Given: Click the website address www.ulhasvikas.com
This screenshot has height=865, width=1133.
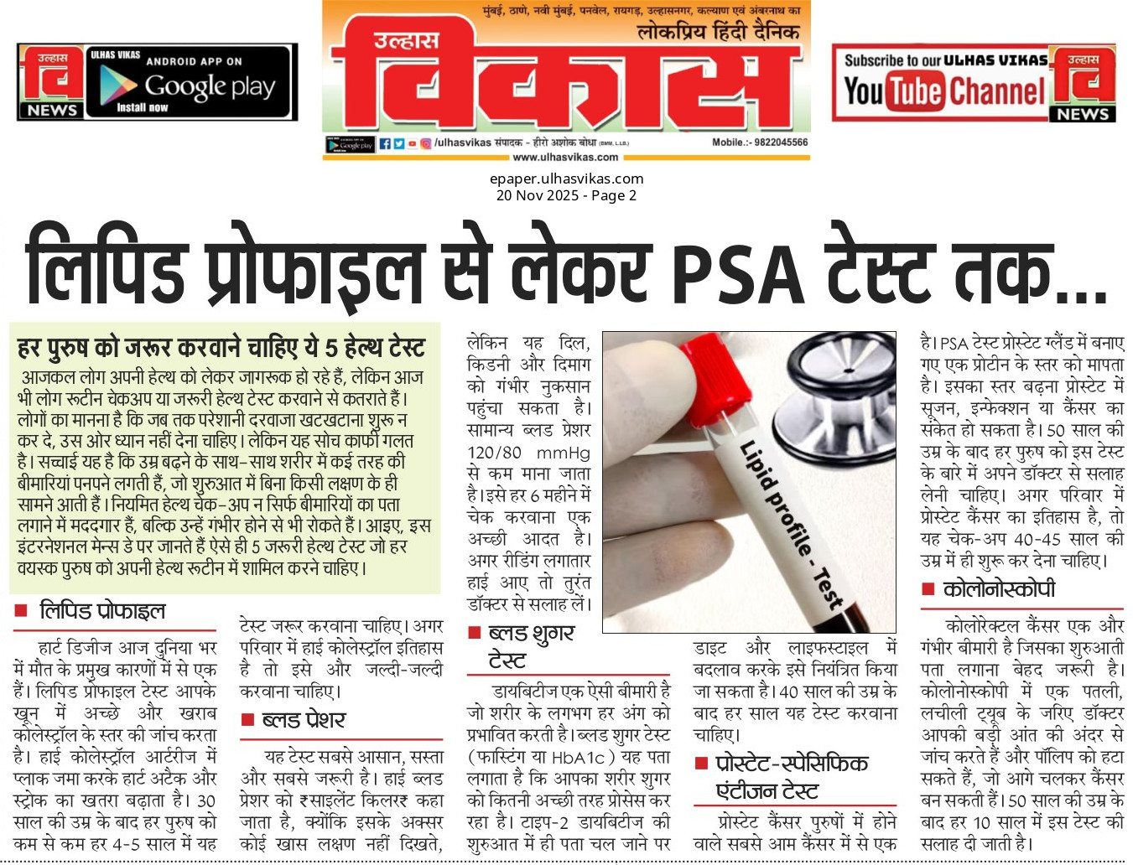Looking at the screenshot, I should click(565, 157).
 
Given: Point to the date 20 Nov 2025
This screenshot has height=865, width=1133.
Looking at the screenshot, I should click(537, 195).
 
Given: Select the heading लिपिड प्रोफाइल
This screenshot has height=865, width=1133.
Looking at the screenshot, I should click(102, 611).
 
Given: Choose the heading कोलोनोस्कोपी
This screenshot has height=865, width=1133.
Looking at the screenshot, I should click(999, 590).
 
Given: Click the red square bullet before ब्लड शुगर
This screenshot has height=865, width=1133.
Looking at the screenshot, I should click(475, 633).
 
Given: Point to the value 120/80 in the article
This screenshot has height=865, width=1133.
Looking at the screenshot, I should click(494, 453).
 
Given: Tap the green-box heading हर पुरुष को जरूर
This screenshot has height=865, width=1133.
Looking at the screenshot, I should click(221, 346).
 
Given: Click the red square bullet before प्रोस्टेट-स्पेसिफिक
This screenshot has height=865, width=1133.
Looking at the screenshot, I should click(702, 764).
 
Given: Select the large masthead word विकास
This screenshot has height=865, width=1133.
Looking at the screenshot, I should click(562, 84).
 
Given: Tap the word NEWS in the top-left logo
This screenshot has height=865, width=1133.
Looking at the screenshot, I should click(52, 110).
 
